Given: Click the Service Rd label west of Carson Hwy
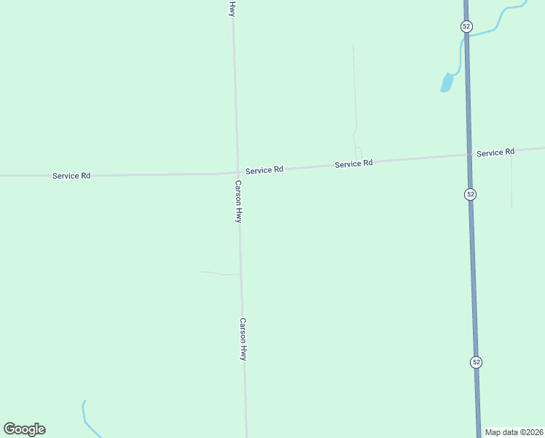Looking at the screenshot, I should click(71, 176).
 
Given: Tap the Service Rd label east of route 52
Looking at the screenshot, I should click(495, 153).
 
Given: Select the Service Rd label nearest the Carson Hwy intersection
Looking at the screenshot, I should click(264, 170).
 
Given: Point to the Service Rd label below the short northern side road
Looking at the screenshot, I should click(353, 164).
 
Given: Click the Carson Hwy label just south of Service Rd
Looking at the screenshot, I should click(238, 201).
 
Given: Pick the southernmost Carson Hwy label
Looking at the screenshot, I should click(243, 339).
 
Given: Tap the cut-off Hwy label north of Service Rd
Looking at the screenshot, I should click(232, 9).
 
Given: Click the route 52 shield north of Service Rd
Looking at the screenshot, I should click(466, 26).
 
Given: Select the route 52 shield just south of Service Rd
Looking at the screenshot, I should click(471, 194).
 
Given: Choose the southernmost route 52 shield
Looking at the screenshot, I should click(476, 362).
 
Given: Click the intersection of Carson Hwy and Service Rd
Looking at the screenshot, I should click(237, 172).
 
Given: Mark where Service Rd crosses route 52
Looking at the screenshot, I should click(469, 155).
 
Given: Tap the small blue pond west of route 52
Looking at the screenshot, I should click(446, 82).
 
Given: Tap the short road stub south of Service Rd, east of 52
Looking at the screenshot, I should click(511, 182).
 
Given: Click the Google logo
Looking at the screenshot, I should click(24, 429).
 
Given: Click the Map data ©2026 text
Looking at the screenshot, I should click(514, 432).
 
